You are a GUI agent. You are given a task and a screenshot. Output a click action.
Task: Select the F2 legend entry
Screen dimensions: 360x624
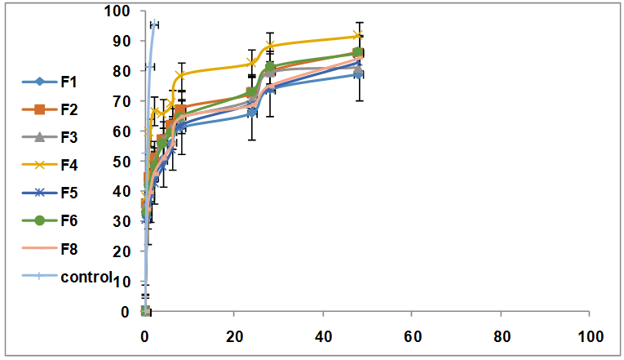[69, 109]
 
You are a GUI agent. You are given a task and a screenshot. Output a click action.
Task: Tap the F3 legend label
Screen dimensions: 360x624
[69, 136]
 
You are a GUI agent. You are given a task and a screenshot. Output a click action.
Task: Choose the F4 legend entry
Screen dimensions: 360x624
[69, 164]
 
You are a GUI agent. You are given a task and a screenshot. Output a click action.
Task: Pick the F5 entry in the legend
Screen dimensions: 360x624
[69, 192]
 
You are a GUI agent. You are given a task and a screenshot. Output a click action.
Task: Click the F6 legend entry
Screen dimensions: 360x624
[69, 220]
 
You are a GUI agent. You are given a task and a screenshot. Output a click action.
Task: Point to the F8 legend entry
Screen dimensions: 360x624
[69, 248]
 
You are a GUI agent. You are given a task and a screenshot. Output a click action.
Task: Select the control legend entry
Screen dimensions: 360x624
[85, 276]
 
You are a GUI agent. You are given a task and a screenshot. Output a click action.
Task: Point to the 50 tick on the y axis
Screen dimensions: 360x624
[121, 162]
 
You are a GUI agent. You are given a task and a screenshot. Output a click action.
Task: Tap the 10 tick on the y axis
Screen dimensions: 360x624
[121, 282]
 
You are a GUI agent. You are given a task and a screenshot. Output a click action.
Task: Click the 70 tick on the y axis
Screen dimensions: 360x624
[121, 101]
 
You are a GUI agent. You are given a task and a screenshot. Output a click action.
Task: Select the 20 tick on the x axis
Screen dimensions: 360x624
[233, 336]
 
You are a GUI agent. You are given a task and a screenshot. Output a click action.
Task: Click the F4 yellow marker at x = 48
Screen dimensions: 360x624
[358, 36]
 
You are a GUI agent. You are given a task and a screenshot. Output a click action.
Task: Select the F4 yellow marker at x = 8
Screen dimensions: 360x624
[180, 76]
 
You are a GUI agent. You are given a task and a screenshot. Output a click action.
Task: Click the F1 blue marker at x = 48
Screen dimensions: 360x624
[358, 74]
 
